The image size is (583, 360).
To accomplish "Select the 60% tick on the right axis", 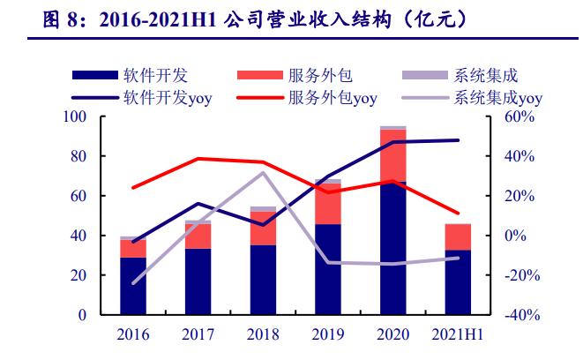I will (519, 117).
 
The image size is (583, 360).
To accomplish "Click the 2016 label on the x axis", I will (133, 336).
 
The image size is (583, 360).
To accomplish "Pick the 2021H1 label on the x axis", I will (457, 336).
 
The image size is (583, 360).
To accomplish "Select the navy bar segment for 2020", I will (392, 248).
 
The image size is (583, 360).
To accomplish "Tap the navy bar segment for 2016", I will (133, 286).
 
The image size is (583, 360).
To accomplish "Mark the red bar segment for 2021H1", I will (457, 236).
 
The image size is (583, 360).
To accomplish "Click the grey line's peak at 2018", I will (263, 172).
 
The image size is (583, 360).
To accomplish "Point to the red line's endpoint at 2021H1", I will (457, 214).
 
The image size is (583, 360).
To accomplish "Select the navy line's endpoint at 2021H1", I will (457, 140).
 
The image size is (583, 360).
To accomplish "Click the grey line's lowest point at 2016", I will (133, 283).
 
